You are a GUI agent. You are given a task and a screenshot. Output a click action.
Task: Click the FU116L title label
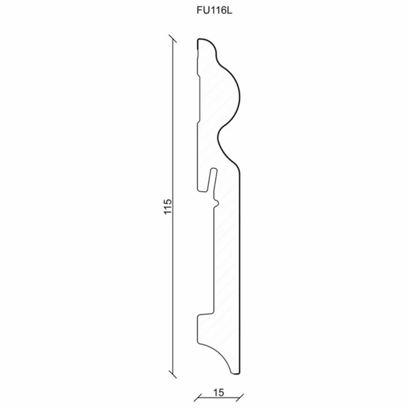pyautogui.click(x=214, y=10)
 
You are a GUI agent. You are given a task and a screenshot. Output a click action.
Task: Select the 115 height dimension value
pyautogui.click(x=168, y=207)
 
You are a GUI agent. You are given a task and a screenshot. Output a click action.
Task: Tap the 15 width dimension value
pyautogui.click(x=219, y=393)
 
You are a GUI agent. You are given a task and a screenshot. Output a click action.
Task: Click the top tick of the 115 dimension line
pyautogui.click(x=173, y=38)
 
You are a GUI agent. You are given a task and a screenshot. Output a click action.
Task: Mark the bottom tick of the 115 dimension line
pyautogui.click(x=173, y=374)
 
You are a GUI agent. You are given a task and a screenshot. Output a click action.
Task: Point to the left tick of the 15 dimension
pyautogui.click(x=198, y=398)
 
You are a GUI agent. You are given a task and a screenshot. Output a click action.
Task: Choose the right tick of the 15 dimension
pyautogui.click(x=240, y=398)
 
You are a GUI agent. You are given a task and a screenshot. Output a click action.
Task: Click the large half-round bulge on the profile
pyautogui.click(x=231, y=96)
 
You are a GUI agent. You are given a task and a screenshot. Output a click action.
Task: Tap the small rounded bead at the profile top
pyautogui.click(x=208, y=46)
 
